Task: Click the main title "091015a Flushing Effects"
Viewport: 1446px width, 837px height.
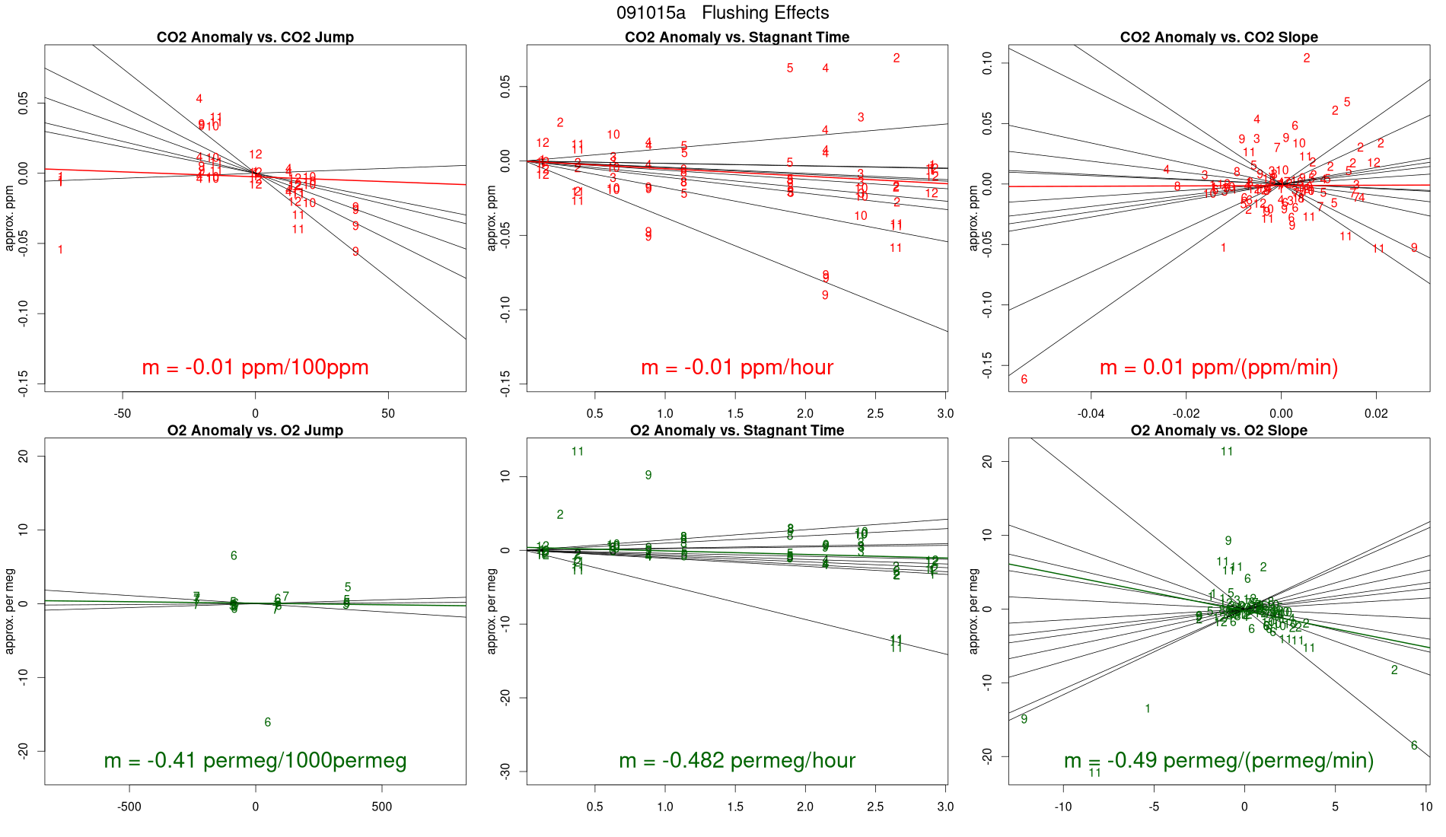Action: pyautogui.click(x=722, y=13)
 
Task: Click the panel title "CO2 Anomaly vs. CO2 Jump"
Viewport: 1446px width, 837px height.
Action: pyautogui.click(x=255, y=37)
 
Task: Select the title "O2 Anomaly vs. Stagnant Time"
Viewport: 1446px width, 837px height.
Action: pyautogui.click(x=737, y=431)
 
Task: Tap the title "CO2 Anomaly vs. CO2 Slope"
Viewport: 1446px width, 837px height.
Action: pyautogui.click(x=1218, y=37)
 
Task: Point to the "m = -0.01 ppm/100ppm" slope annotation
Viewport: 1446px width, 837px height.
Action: pyautogui.click(x=255, y=368)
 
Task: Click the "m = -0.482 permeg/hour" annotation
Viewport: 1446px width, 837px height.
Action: pyautogui.click(x=737, y=760)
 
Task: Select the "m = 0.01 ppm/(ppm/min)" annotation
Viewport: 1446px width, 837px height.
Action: pyautogui.click(x=1218, y=368)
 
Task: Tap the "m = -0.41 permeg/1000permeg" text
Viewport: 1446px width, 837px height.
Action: pyautogui.click(x=255, y=760)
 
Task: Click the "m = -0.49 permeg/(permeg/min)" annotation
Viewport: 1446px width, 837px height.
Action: pyautogui.click(x=1218, y=760)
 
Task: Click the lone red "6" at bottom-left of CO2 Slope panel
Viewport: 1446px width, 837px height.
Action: pyautogui.click(x=1024, y=379)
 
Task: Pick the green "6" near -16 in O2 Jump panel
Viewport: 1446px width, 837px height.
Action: pyautogui.click(x=267, y=722)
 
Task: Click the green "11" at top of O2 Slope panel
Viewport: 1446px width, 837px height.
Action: pyautogui.click(x=1226, y=451)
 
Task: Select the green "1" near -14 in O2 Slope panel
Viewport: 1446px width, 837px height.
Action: pyautogui.click(x=1148, y=708)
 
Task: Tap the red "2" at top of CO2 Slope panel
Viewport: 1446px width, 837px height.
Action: pyautogui.click(x=1307, y=58)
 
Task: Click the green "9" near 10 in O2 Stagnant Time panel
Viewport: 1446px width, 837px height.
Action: pyautogui.click(x=648, y=475)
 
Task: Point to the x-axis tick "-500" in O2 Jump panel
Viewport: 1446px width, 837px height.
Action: pyautogui.click(x=129, y=807)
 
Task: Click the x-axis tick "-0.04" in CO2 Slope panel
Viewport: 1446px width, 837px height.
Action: pyautogui.click(x=1091, y=413)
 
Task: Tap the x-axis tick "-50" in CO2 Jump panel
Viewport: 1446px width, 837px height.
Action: pyautogui.click(x=122, y=413)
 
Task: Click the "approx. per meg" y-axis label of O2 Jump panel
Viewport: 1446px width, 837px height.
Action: pyautogui.click(x=10, y=611)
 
